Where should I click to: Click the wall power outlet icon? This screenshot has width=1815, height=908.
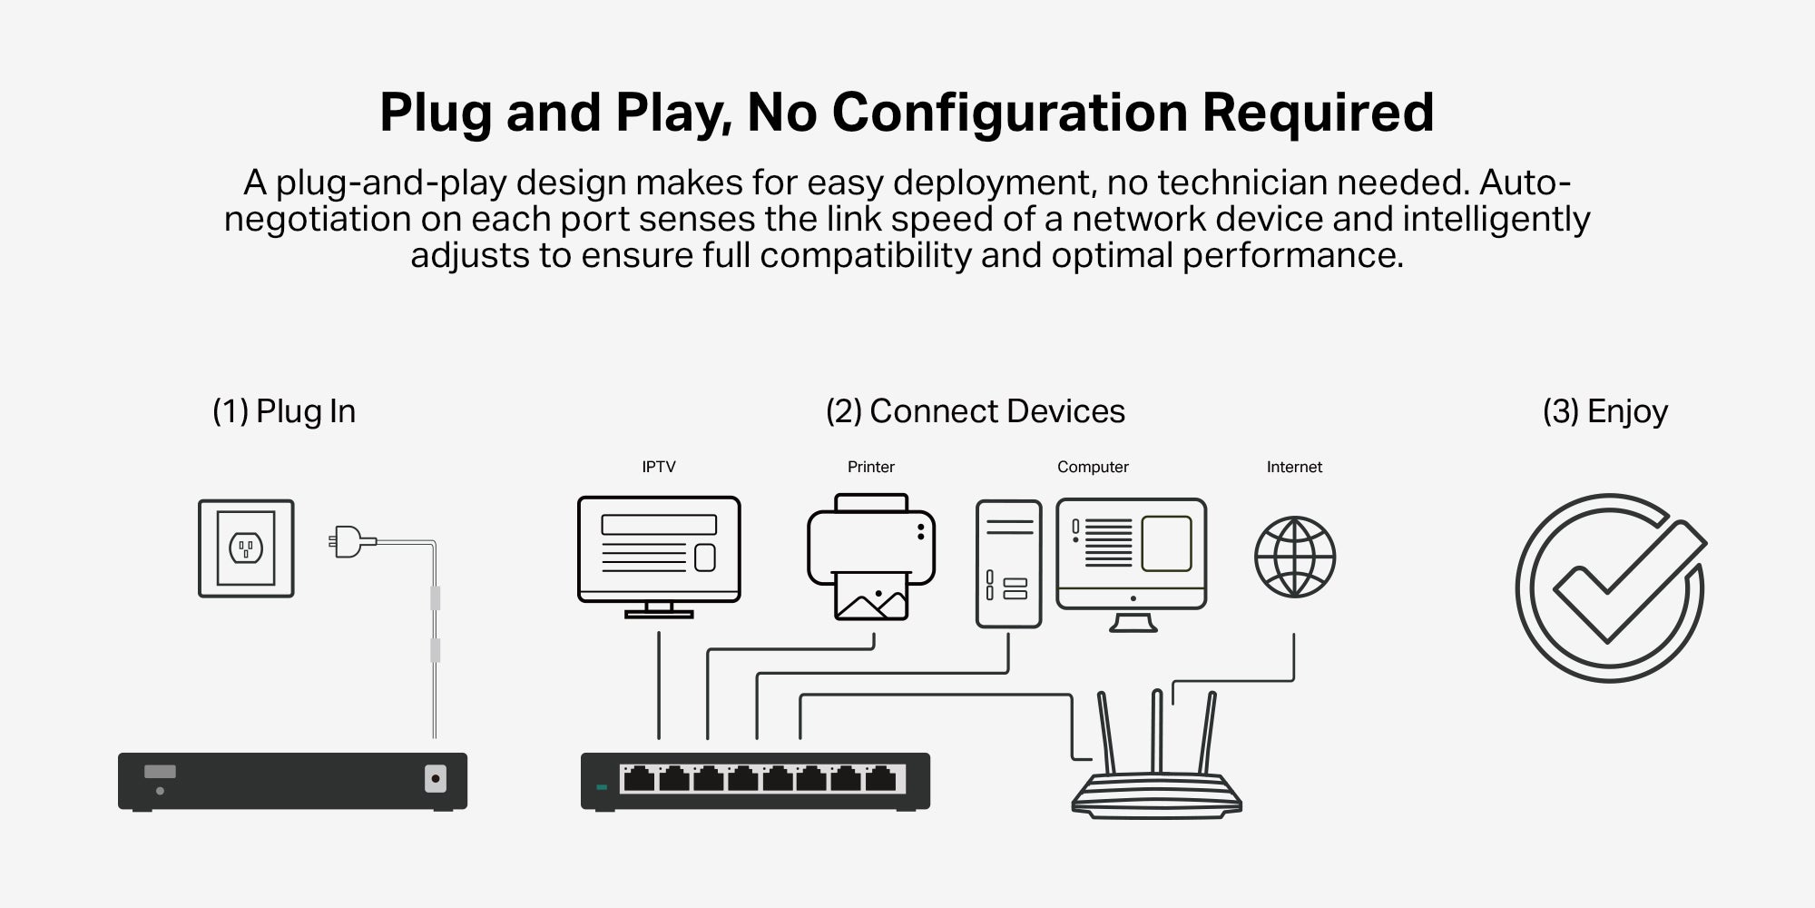click(x=246, y=548)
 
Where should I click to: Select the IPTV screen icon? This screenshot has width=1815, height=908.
click(x=659, y=557)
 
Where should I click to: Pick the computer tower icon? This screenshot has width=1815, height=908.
click(x=1008, y=564)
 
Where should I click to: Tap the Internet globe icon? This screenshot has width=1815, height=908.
click(x=1295, y=557)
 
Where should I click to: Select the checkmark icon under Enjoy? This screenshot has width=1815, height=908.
click(x=1611, y=587)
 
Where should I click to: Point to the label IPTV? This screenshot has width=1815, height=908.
click(x=659, y=467)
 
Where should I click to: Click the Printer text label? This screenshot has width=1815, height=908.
click(x=871, y=467)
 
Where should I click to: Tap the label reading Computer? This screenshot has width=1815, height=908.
click(x=1093, y=467)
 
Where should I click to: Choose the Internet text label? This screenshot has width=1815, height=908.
click(x=1294, y=467)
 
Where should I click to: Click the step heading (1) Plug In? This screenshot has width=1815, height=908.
click(x=284, y=411)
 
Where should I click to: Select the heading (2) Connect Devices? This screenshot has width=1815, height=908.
click(x=976, y=411)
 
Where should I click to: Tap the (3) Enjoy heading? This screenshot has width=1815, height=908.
click(x=1605, y=412)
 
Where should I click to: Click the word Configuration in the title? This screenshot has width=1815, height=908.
click(x=1009, y=113)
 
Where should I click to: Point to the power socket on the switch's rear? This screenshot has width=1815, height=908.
click(x=436, y=779)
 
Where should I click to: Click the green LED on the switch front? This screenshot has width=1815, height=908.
click(x=601, y=786)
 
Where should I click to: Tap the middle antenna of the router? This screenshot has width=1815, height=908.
click(x=1156, y=731)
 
